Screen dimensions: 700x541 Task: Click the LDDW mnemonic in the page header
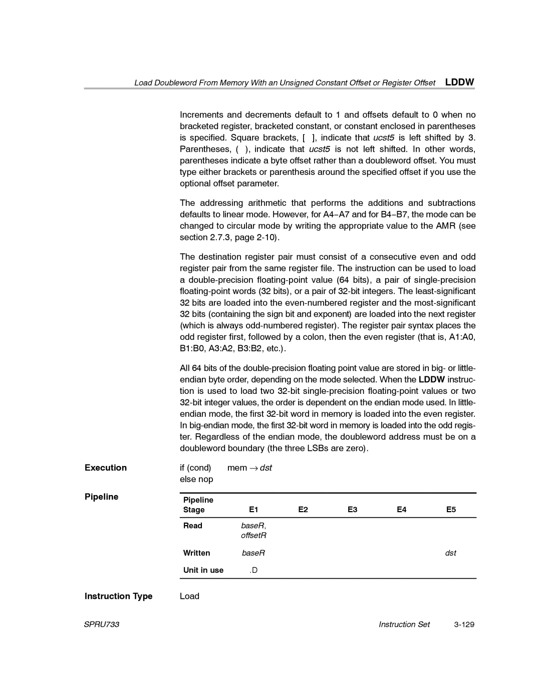pos(460,82)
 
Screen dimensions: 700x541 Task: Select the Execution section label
pos(106,468)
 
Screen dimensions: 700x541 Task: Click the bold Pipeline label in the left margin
pos(102,497)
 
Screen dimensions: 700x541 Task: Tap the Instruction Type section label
pos(119,596)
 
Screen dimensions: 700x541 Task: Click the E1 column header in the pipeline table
pos(253,510)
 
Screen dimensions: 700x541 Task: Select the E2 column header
pos(303,510)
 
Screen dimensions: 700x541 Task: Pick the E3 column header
pos(353,510)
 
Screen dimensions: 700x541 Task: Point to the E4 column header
pos(402,510)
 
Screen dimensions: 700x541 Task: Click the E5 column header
pos(451,510)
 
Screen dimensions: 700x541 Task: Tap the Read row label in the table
pos(193,526)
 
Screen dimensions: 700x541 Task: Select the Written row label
pos(196,553)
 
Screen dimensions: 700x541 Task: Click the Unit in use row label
pos(203,570)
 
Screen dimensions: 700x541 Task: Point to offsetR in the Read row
pos(253,535)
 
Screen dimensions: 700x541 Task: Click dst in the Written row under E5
pos(451,553)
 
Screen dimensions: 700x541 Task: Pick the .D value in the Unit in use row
pos(253,570)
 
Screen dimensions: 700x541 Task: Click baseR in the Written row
pos(253,553)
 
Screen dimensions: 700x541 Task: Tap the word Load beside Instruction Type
pos(190,596)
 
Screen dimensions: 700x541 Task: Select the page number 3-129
pos(463,624)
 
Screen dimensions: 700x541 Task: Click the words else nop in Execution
pos(197,479)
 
